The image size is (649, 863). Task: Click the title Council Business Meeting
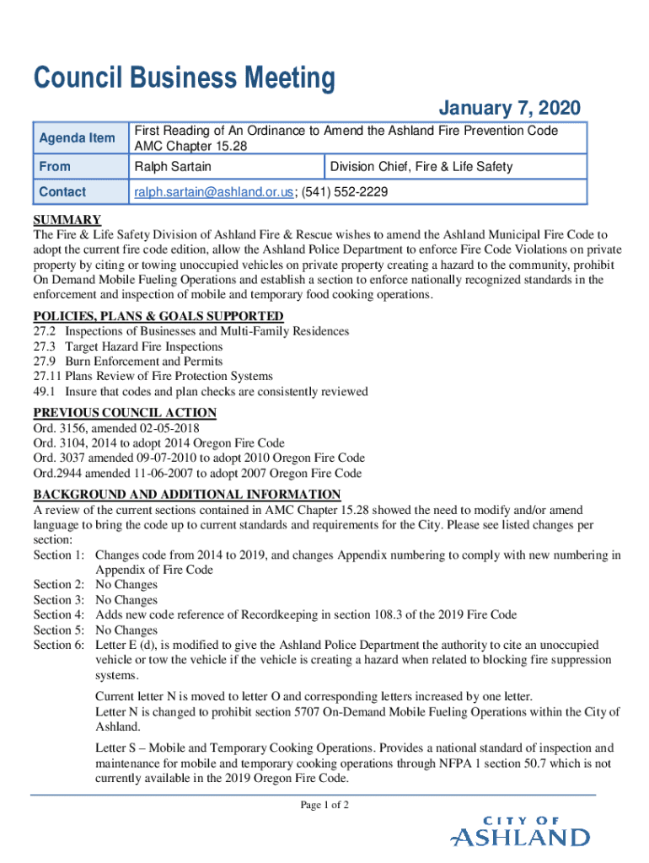[184, 79]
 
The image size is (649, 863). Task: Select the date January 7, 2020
[509, 108]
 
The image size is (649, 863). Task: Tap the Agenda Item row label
[78, 138]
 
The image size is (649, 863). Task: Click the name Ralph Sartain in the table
[172, 167]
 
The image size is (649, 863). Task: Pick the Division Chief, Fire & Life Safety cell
[421, 167]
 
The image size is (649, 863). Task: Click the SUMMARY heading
[67, 220]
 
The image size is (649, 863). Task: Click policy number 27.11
[47, 377]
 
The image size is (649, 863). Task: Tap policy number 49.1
[44, 392]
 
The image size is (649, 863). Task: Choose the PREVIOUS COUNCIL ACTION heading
[125, 412]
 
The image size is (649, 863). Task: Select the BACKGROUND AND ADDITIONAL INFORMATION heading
[186, 494]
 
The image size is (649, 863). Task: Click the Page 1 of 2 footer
[324, 806]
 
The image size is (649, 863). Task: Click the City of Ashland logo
[520, 831]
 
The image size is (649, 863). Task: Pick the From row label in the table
[55, 167]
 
